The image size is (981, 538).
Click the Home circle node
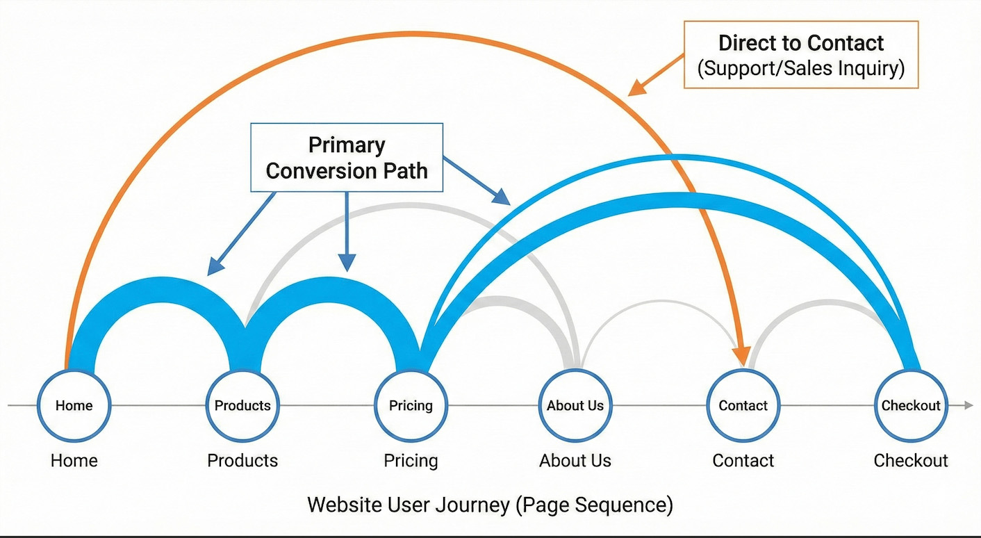coord(74,405)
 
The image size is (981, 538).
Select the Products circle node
coord(242,405)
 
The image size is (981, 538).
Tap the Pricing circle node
coord(411,405)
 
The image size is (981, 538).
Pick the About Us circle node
coord(575,405)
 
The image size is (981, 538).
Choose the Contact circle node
coord(743,405)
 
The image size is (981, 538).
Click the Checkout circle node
coord(910,405)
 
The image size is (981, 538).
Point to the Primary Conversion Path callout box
coord(346,157)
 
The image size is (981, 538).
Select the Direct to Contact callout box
coord(801,55)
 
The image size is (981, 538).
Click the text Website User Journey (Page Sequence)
coord(490,504)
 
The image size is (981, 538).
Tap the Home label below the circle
coord(74,460)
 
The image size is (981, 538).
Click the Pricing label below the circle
coord(411,460)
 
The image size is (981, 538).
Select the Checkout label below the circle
coord(910,460)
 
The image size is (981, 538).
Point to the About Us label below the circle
coord(575,460)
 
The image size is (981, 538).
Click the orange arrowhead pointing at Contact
coord(742,356)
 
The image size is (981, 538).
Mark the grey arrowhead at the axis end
coord(968,405)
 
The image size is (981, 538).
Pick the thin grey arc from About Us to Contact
coord(660,301)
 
